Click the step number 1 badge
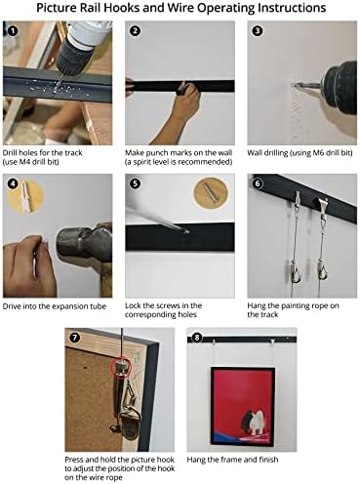tap(13, 31)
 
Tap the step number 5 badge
tap(135, 183)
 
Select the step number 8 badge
tap(197, 338)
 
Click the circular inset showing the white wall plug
tap(25, 196)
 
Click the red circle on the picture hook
tap(121, 367)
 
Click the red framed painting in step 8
tap(243, 406)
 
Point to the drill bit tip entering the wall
tap(295, 86)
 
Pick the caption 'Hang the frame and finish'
tap(232, 460)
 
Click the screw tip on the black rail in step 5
tap(187, 232)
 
